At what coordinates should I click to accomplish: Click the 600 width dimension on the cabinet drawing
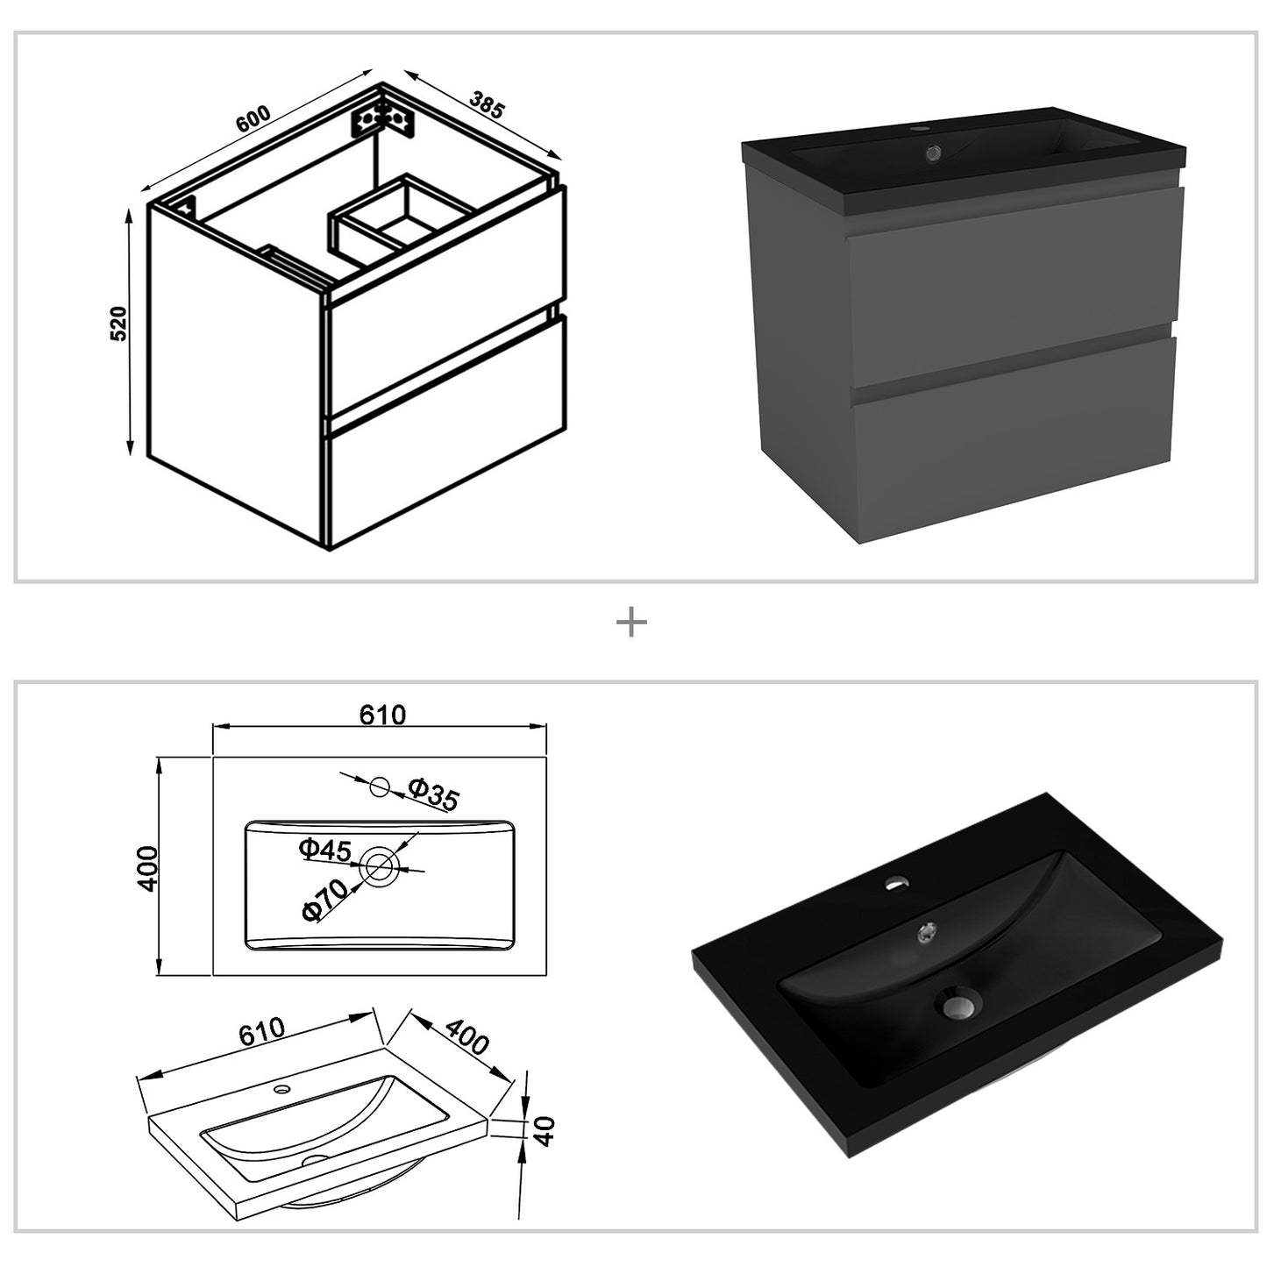(253, 117)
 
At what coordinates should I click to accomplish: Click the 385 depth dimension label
(488, 103)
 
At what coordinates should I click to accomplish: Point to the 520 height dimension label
(117, 323)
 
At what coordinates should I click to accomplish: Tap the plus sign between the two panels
(631, 622)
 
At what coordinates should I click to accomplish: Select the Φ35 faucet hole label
(433, 793)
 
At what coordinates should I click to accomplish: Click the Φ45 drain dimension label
(324, 850)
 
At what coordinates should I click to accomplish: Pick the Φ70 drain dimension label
(324, 900)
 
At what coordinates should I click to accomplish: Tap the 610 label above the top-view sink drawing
(382, 715)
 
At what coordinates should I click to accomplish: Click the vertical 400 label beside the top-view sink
(147, 868)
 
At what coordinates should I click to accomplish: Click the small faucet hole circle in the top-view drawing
(380, 786)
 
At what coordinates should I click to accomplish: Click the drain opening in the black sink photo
(960, 1005)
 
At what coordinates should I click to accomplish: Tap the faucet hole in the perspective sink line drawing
(282, 1088)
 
